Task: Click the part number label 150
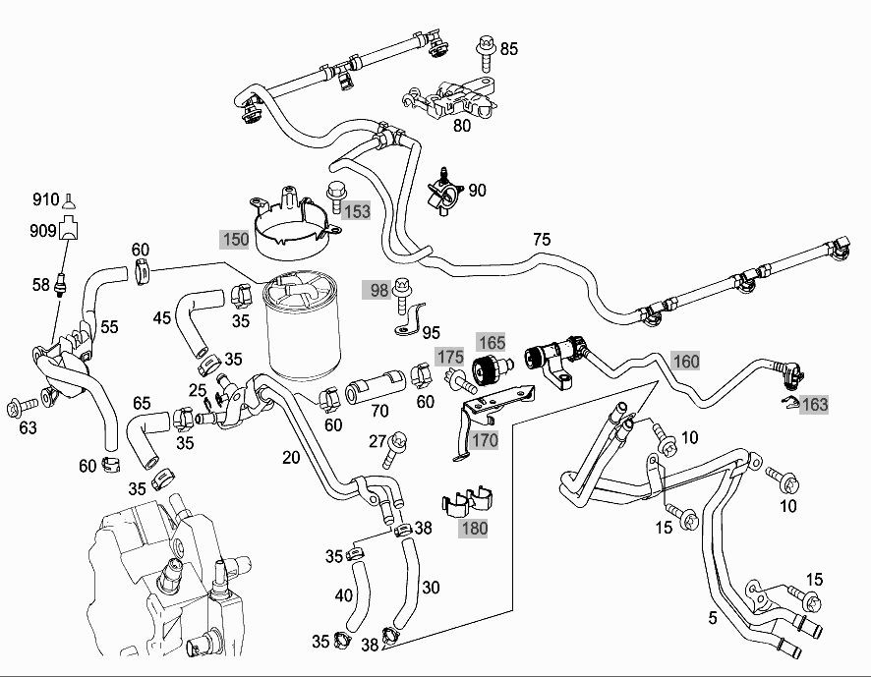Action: click(x=235, y=239)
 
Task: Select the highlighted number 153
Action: click(x=356, y=210)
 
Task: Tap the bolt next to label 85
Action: click(x=485, y=47)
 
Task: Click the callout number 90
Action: click(x=477, y=190)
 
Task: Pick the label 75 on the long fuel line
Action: click(x=541, y=239)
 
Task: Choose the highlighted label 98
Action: click(x=378, y=289)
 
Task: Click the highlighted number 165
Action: click(x=492, y=342)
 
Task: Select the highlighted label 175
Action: click(x=450, y=356)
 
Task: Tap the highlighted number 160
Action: click(x=685, y=361)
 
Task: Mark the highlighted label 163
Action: click(x=814, y=404)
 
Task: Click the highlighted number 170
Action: click(x=484, y=439)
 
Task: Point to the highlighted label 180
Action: click(x=474, y=528)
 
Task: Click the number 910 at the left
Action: click(x=46, y=199)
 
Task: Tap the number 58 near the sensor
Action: click(x=40, y=285)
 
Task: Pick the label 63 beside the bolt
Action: click(x=29, y=427)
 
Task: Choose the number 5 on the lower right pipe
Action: click(x=713, y=619)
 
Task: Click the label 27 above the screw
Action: click(x=378, y=440)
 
